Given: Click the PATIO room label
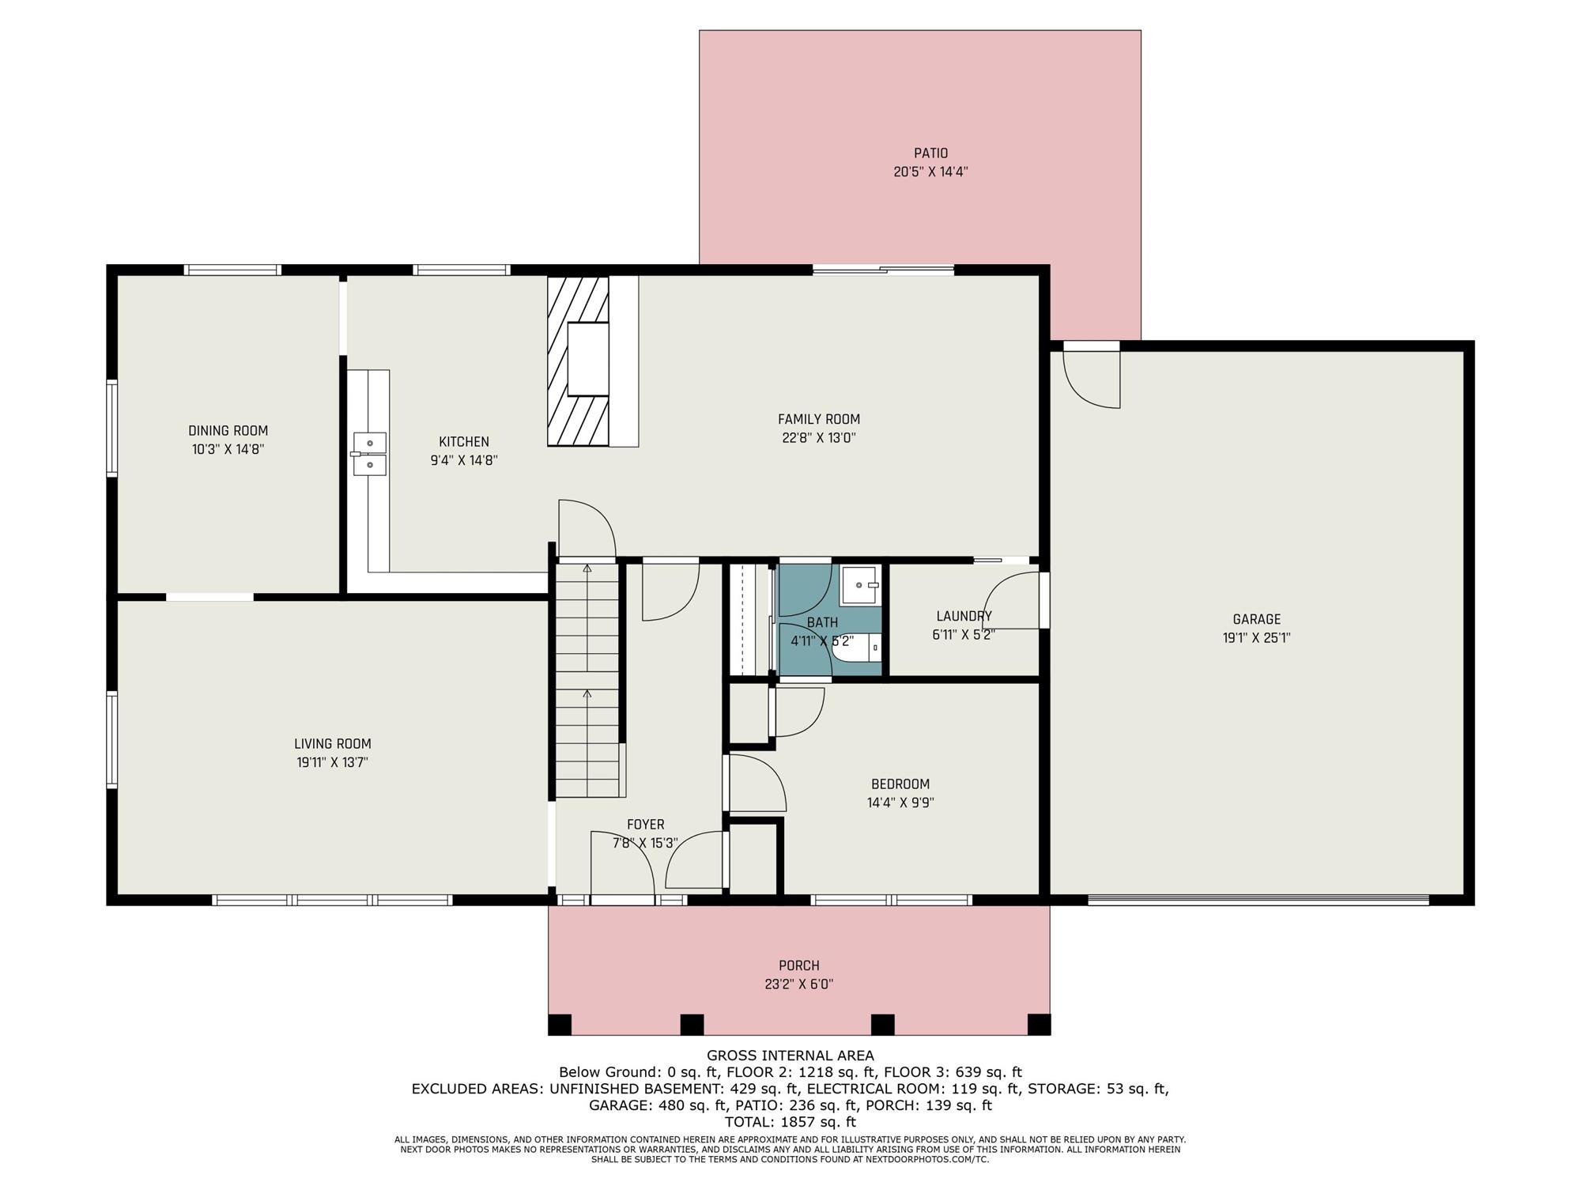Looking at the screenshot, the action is pyautogui.click(x=930, y=153).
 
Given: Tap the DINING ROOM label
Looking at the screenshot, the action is pyautogui.click(x=228, y=431).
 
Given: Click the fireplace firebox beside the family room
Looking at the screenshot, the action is pyautogui.click(x=588, y=359).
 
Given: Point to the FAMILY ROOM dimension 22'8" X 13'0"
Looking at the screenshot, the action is pyautogui.click(x=818, y=438).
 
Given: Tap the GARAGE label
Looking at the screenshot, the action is pyautogui.click(x=1256, y=620).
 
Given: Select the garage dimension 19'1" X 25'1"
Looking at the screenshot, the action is pyautogui.click(x=1256, y=638).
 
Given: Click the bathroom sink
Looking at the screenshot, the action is pyautogui.click(x=859, y=586).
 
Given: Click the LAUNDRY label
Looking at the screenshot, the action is pyautogui.click(x=964, y=617).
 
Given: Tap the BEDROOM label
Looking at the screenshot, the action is pyautogui.click(x=900, y=784).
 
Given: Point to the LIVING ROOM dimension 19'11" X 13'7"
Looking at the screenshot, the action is pyautogui.click(x=333, y=763).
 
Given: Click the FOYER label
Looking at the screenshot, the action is pyautogui.click(x=646, y=825).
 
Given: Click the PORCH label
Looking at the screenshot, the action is pyautogui.click(x=799, y=966).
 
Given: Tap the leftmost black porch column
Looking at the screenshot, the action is pyautogui.click(x=560, y=1025).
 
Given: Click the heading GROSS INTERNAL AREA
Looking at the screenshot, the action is pyautogui.click(x=790, y=1056).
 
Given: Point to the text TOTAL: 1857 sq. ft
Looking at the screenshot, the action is pyautogui.click(x=790, y=1122).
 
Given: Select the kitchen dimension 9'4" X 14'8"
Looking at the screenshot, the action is pyautogui.click(x=464, y=460).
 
